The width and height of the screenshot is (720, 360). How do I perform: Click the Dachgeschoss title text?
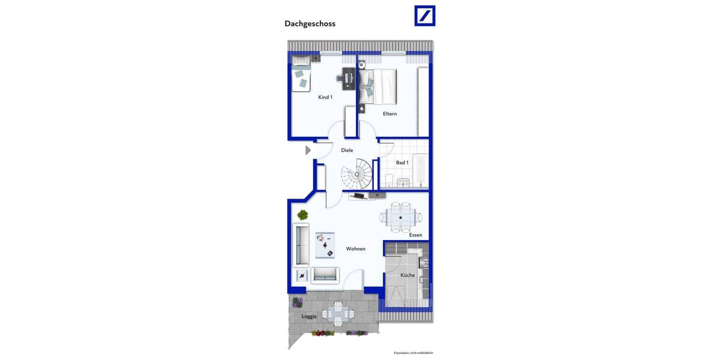click(310, 24)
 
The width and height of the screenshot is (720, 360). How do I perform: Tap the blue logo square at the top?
click(425, 16)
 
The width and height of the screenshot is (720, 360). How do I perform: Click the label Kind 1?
click(325, 97)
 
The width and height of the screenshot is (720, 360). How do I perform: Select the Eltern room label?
click(390, 113)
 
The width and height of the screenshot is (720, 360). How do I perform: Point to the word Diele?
click(347, 150)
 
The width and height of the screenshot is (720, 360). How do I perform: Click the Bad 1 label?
click(402, 163)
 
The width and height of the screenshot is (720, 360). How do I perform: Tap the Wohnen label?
click(356, 248)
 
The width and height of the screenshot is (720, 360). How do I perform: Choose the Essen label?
click(416, 235)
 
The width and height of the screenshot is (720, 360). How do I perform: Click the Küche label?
click(407, 275)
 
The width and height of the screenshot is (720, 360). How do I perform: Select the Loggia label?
click(309, 316)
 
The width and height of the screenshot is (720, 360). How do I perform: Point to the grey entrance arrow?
click(308, 150)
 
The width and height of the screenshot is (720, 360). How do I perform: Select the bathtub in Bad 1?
click(421, 170)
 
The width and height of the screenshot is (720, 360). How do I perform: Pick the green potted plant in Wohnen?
click(303, 215)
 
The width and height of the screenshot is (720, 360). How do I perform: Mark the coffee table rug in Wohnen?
click(325, 244)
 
